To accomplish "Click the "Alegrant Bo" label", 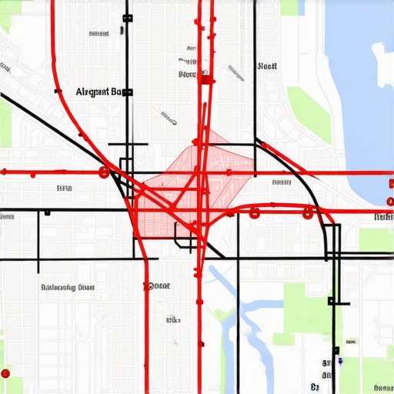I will click(x=98, y=92).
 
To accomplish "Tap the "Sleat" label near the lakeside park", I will click(x=267, y=66).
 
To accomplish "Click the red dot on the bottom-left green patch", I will click(x=5, y=374).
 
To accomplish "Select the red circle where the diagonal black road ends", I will click(x=103, y=172).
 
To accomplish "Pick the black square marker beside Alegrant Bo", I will click(x=129, y=92).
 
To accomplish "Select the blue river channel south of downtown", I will click(x=246, y=316).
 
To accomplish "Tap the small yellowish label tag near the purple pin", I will click(x=351, y=341).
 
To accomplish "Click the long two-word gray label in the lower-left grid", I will click(x=67, y=287).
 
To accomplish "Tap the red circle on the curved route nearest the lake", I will click(x=309, y=212).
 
